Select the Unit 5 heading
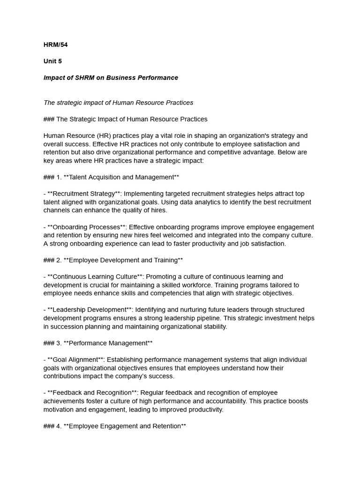tap(52, 61)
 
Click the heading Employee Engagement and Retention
tap(125, 426)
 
